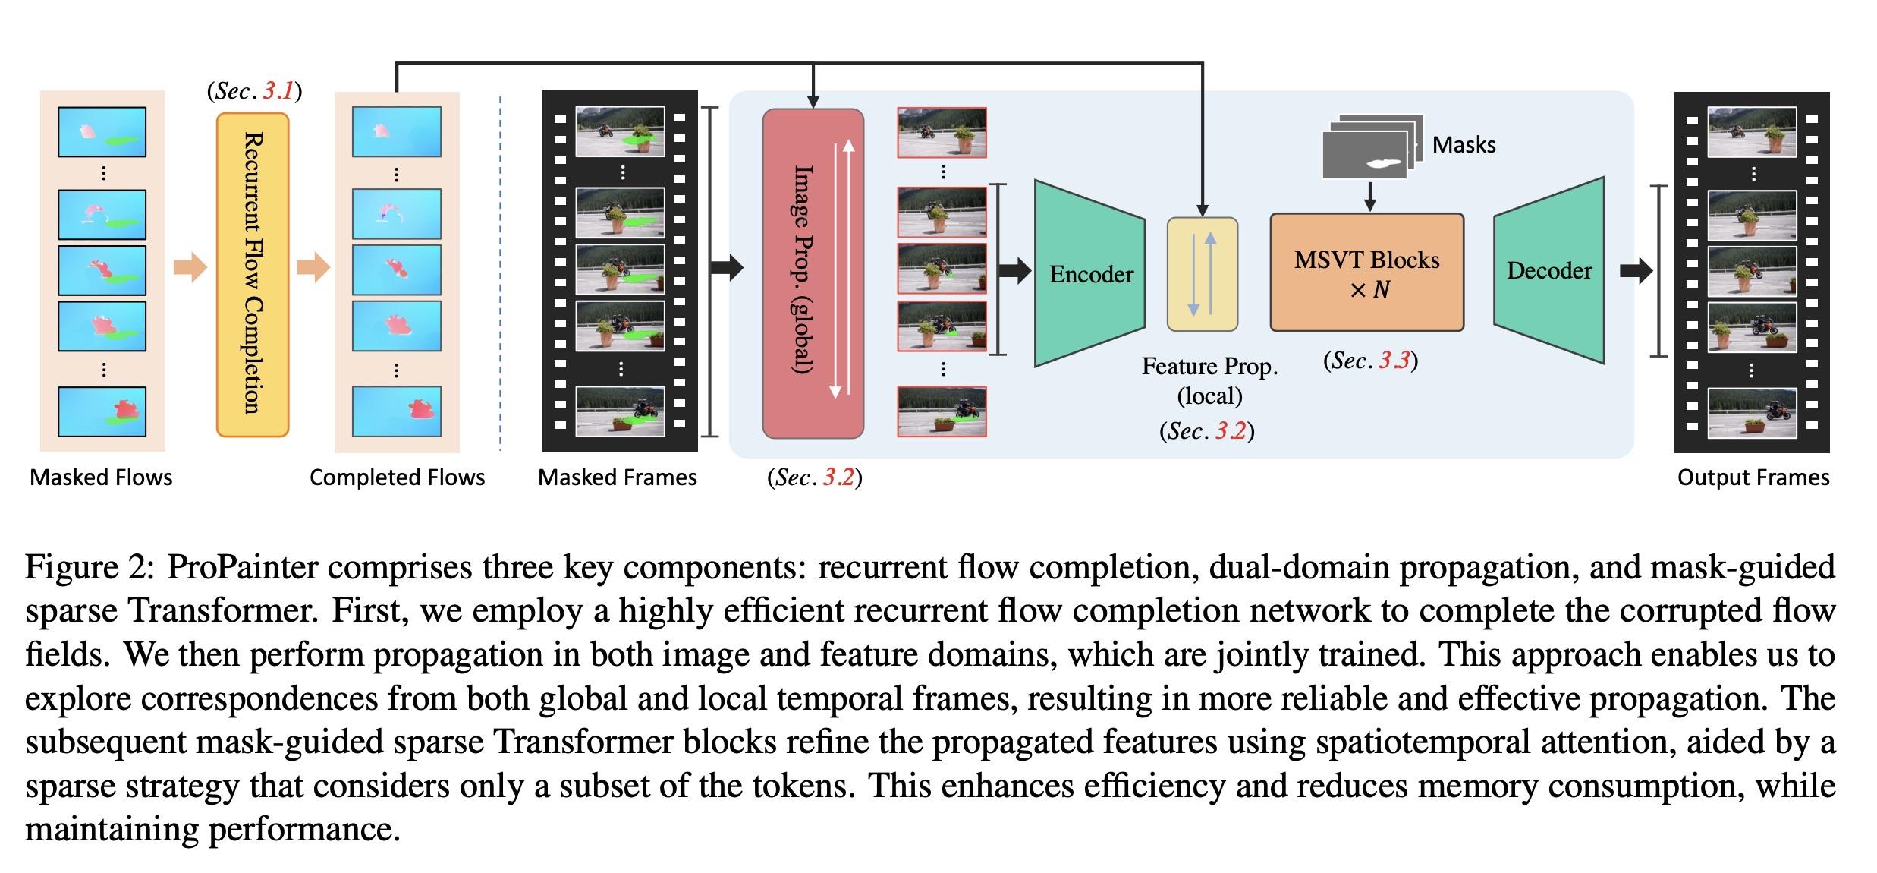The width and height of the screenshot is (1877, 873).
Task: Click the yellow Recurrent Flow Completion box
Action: click(253, 274)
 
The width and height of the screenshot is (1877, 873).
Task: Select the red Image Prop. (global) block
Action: click(813, 273)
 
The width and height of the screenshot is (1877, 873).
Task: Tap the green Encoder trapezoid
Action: click(1089, 273)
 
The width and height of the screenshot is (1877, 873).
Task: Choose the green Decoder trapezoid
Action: click(1548, 270)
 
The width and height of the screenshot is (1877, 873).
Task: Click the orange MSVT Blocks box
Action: click(1366, 273)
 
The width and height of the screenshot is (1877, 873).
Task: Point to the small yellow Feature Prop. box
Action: click(1202, 274)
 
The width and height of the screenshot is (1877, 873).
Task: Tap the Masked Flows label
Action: click(101, 477)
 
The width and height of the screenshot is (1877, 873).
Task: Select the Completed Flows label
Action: click(397, 477)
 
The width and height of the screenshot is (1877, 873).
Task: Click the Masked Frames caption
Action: click(617, 477)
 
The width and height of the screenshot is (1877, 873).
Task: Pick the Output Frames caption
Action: click(1753, 477)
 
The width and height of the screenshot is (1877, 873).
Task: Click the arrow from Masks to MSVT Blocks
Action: click(1369, 196)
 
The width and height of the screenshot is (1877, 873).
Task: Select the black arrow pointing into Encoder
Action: click(1014, 269)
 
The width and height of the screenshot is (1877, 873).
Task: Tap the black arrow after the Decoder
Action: click(1636, 270)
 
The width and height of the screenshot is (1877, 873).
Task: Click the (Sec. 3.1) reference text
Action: click(254, 91)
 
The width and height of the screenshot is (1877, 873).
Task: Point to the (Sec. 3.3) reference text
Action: click(1370, 361)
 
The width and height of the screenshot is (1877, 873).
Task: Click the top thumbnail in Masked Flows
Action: click(102, 132)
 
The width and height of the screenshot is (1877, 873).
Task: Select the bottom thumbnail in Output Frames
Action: click(1752, 412)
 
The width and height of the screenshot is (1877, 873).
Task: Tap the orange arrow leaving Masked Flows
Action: click(190, 267)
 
